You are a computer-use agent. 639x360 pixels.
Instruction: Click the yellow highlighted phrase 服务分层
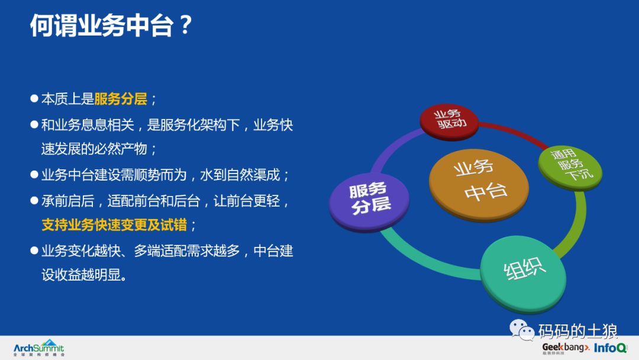[x=121, y=99]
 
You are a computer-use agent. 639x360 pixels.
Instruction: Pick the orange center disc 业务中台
[x=479, y=181]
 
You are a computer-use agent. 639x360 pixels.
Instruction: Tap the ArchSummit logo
[x=39, y=348]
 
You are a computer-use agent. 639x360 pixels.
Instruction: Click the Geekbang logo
[x=566, y=348]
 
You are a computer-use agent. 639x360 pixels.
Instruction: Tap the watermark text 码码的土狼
[x=577, y=330]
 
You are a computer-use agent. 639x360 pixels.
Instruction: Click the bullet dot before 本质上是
[x=34, y=99]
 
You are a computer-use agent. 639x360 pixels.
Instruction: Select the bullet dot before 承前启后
[x=34, y=201]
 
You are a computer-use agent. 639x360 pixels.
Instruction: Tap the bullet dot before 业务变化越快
[x=34, y=251]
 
